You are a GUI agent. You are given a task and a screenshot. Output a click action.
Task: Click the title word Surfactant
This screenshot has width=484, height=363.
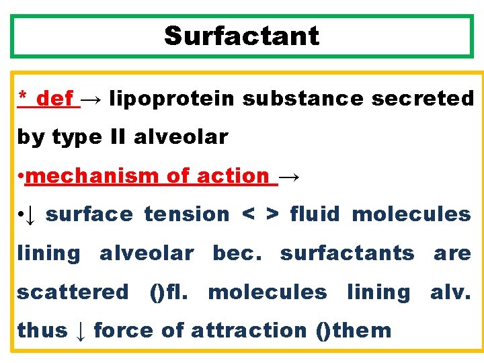[x=241, y=36]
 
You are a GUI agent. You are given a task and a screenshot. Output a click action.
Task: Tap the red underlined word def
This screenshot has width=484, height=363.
[x=54, y=99]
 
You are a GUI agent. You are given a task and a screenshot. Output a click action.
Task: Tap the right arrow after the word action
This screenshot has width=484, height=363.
[x=290, y=177]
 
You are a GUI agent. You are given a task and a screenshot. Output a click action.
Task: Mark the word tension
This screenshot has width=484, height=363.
[x=187, y=215]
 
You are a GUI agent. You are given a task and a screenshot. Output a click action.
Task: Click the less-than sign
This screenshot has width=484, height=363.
[x=248, y=215]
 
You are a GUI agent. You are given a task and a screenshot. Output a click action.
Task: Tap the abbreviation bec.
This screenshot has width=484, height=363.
[x=237, y=253]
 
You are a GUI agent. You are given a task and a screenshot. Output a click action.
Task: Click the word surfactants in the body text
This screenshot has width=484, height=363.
[x=348, y=253]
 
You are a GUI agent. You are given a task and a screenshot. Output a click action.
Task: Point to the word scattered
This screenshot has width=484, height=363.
[x=73, y=292]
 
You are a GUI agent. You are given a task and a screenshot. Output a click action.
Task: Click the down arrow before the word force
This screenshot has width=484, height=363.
[x=81, y=331]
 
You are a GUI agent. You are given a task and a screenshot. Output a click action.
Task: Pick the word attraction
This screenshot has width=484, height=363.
[x=249, y=331]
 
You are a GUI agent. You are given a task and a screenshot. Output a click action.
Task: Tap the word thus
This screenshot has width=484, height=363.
[x=42, y=331]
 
